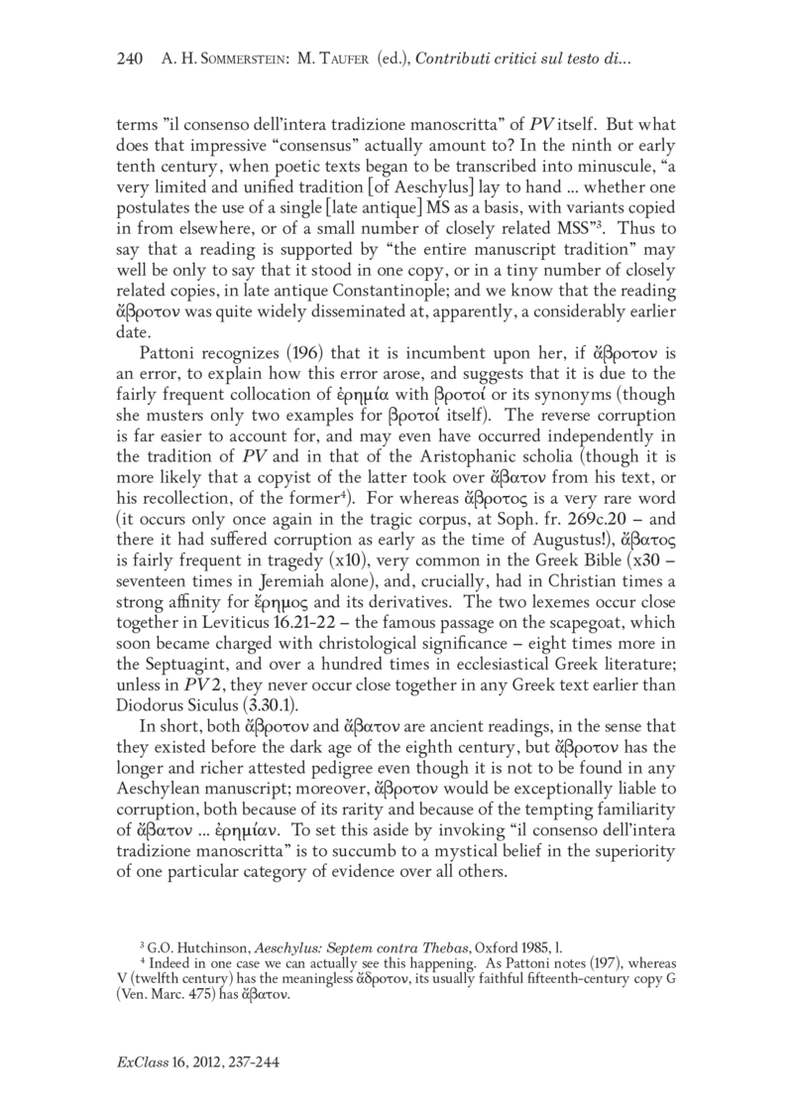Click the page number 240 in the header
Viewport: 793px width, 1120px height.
tap(132, 62)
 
